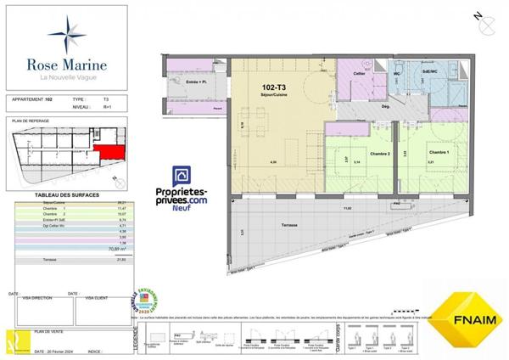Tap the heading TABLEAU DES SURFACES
(68, 195)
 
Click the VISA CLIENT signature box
(103, 312)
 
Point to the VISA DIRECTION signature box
(42, 312)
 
